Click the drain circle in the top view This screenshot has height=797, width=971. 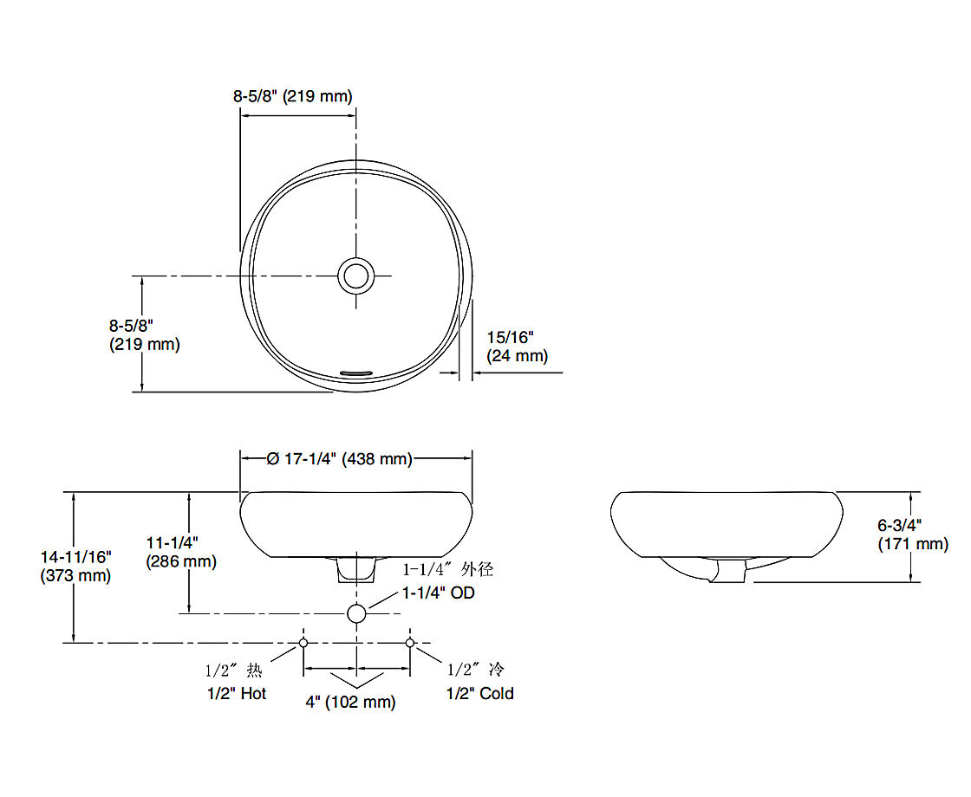(356, 276)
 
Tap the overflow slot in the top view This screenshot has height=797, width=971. (356, 373)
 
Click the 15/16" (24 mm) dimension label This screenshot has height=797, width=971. (517, 347)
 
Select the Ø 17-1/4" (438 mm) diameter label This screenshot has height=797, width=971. (339, 458)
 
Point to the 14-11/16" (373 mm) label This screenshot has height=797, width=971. (75, 567)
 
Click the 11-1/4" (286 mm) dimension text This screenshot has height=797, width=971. (181, 552)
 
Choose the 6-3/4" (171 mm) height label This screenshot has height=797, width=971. (913, 535)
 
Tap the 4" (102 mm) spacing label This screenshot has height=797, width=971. (350, 702)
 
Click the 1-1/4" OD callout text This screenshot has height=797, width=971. (439, 593)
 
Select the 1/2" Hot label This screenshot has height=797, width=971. (237, 693)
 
